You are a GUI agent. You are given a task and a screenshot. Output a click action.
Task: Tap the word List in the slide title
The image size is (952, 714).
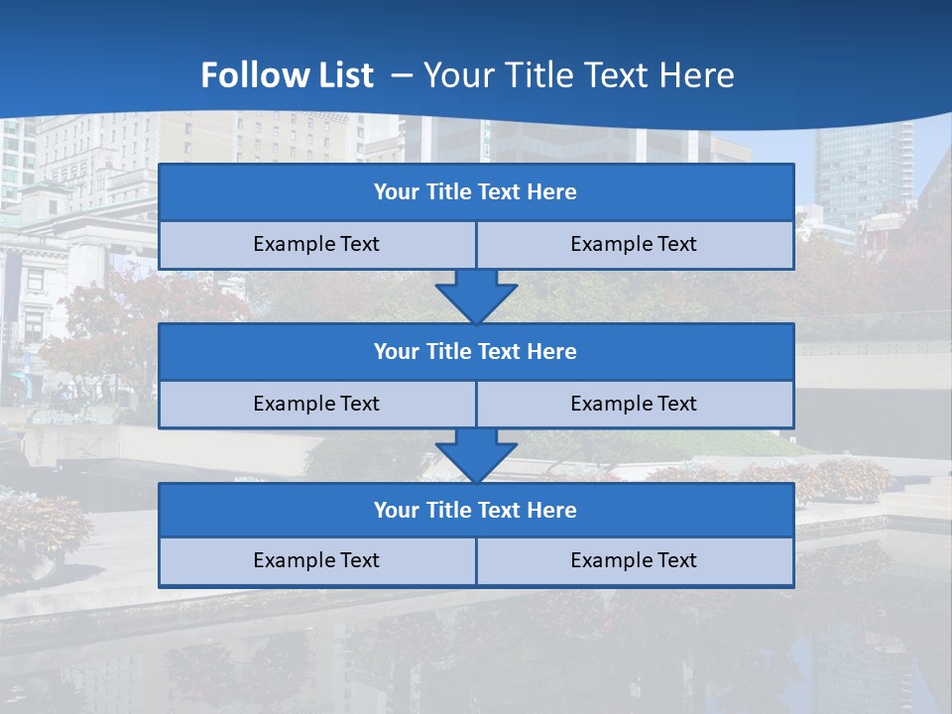pyautogui.click(x=341, y=75)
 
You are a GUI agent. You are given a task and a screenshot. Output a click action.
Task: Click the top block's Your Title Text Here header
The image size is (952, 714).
pyautogui.click(x=475, y=192)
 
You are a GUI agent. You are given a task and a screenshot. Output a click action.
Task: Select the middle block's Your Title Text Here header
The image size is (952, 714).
pyautogui.click(x=475, y=351)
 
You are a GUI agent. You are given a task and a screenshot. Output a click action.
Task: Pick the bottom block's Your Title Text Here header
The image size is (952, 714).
pyautogui.click(x=475, y=510)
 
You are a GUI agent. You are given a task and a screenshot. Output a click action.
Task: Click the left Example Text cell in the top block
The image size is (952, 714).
pyautogui.click(x=316, y=244)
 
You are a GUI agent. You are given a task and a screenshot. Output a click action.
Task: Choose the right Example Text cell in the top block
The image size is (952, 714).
pyautogui.click(x=634, y=244)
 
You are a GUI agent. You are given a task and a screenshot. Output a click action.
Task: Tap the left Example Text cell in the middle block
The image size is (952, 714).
pyautogui.click(x=316, y=404)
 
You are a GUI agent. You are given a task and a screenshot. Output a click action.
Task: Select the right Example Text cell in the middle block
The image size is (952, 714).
pyautogui.click(x=634, y=404)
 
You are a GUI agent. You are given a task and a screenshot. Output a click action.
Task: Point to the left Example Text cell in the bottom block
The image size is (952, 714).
pyautogui.click(x=316, y=560)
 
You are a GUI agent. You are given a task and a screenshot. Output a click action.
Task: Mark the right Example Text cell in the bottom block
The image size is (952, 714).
pyautogui.click(x=634, y=560)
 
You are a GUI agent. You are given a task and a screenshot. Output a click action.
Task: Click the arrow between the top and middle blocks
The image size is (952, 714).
pyautogui.click(x=476, y=296)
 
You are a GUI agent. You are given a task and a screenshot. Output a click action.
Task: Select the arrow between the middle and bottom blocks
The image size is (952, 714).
pyautogui.click(x=476, y=455)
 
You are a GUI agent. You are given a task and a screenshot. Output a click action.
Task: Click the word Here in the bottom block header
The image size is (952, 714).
pyautogui.click(x=552, y=510)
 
